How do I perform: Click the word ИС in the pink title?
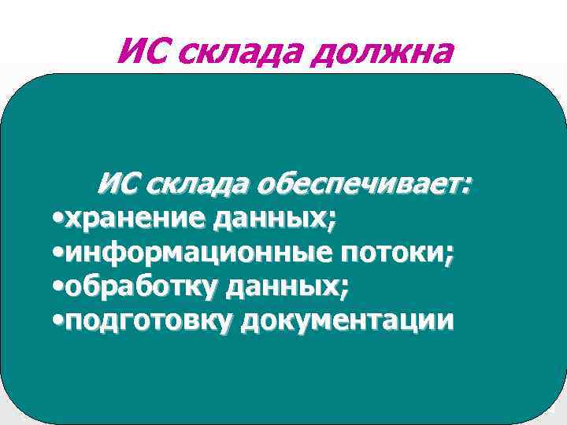click(139, 53)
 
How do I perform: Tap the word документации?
click(347, 320)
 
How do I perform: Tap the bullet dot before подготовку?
click(56, 322)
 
